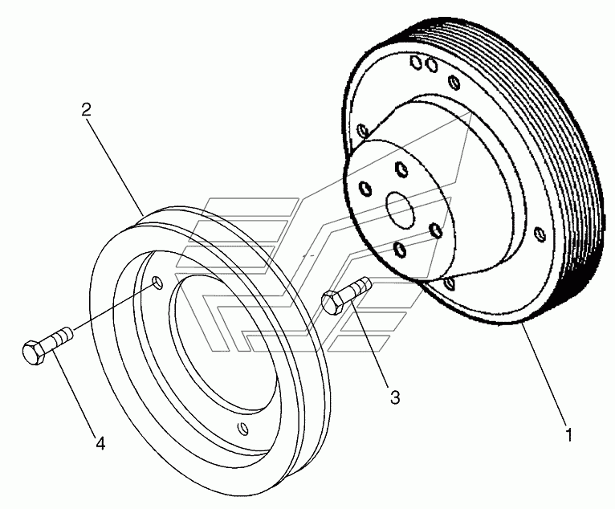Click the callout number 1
tap(569, 436)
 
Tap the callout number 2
tap(86, 111)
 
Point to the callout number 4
tap(100, 442)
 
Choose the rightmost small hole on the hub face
tap(436, 230)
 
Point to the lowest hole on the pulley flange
tap(451, 284)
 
